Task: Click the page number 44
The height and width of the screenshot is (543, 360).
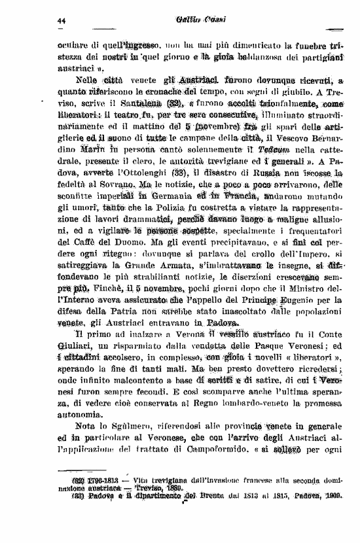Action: click(62, 22)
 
